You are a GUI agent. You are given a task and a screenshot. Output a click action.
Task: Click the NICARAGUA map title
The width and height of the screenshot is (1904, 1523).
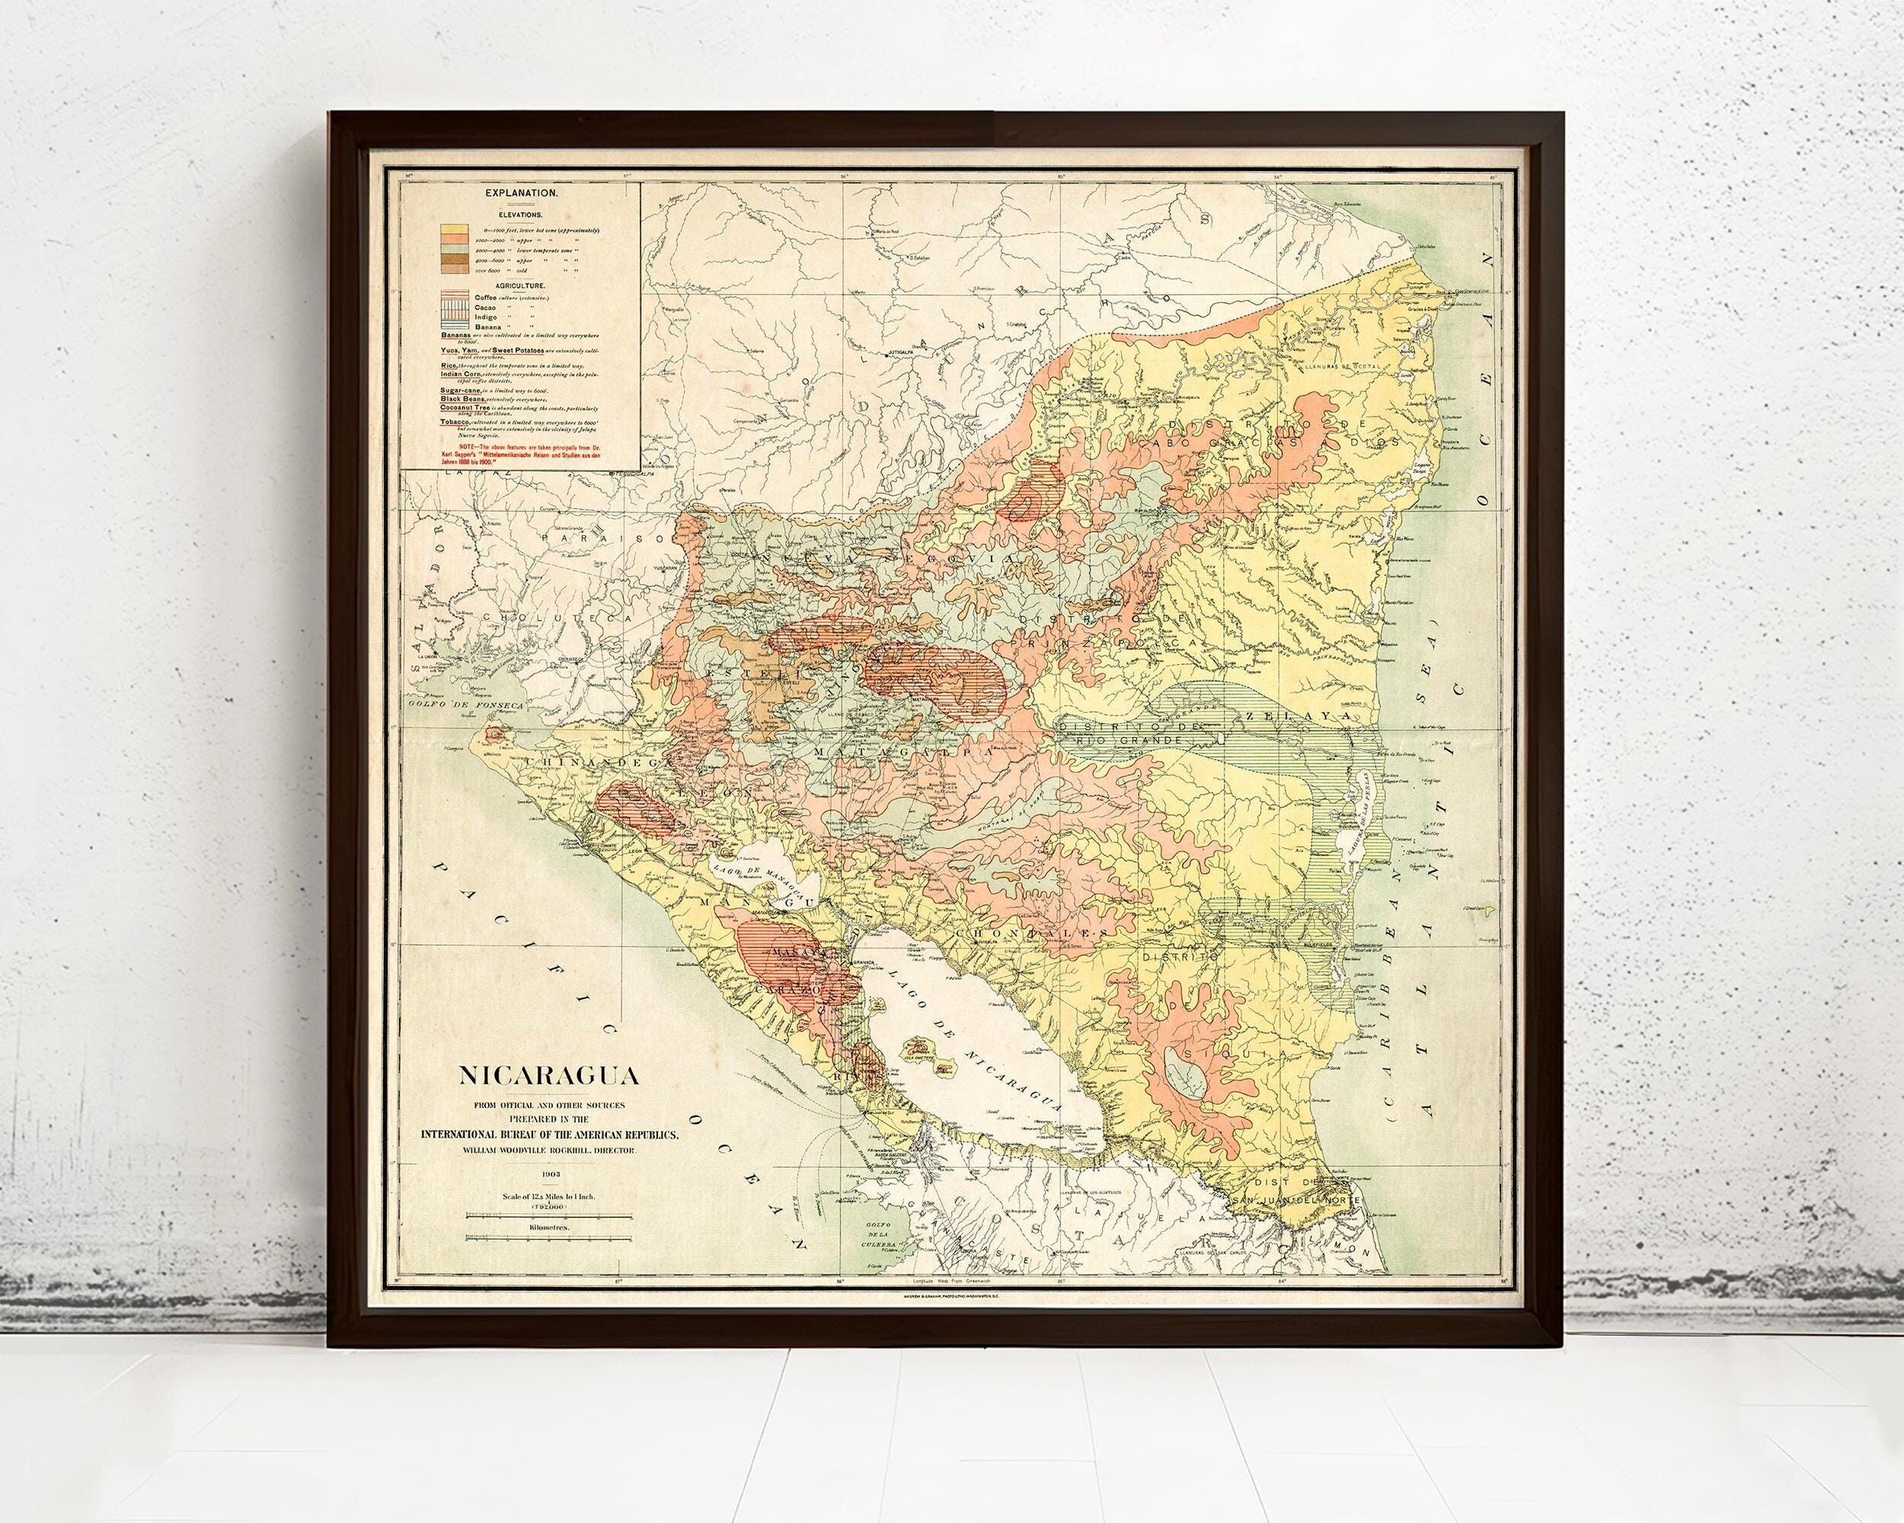548,1078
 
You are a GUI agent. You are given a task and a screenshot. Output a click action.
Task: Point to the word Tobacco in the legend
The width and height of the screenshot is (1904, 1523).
455,423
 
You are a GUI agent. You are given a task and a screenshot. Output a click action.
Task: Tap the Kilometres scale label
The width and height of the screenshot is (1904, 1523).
548,1228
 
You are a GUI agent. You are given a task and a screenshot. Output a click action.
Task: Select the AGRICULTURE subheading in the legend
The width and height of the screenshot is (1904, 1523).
519,287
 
